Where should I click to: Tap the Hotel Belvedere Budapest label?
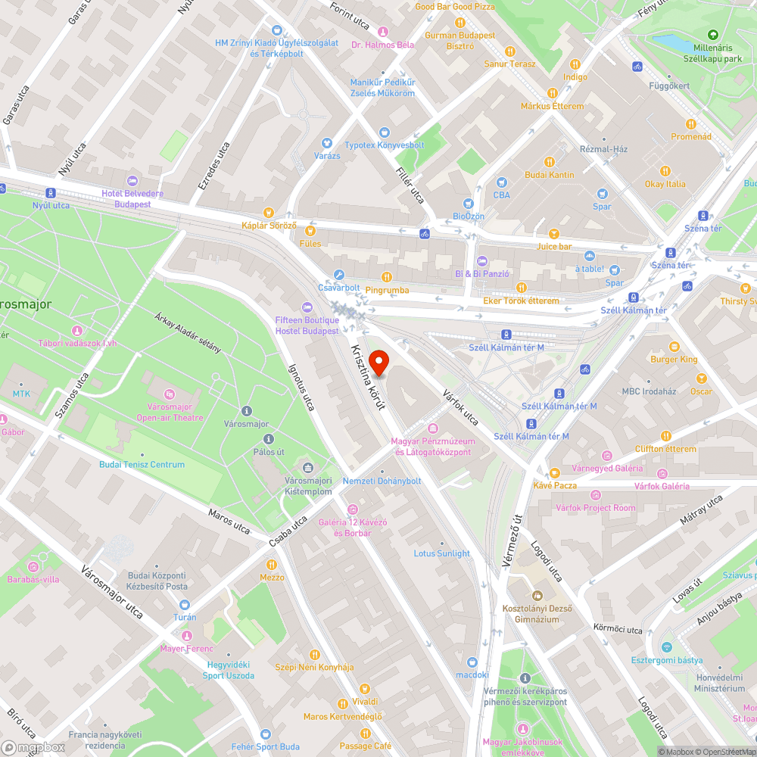click(x=132, y=198)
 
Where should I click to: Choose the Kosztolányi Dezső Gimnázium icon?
click(x=537, y=595)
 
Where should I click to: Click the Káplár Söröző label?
click(x=268, y=226)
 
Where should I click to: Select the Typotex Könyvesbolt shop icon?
click(x=385, y=132)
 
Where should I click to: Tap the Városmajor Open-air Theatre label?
click(x=170, y=412)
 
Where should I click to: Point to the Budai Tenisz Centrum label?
click(x=142, y=464)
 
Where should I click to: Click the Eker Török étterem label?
click(x=521, y=301)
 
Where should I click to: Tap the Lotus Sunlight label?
click(x=442, y=553)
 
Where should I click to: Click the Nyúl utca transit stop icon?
click(x=51, y=193)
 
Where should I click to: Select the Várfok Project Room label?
click(x=596, y=508)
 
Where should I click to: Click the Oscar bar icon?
click(x=701, y=378)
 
